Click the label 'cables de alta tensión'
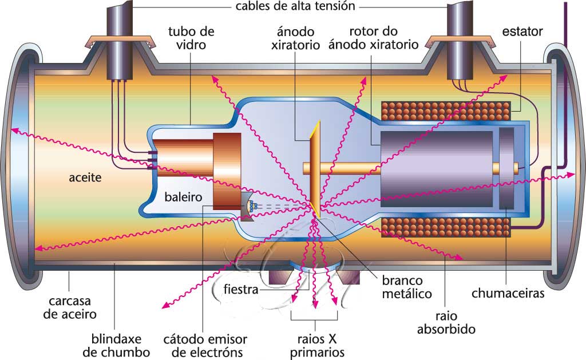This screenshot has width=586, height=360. [x=295, y=6]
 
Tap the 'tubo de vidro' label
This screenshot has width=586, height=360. [x=191, y=37]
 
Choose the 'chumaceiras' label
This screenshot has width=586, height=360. [x=508, y=294]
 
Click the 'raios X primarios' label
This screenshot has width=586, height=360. [x=314, y=345]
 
